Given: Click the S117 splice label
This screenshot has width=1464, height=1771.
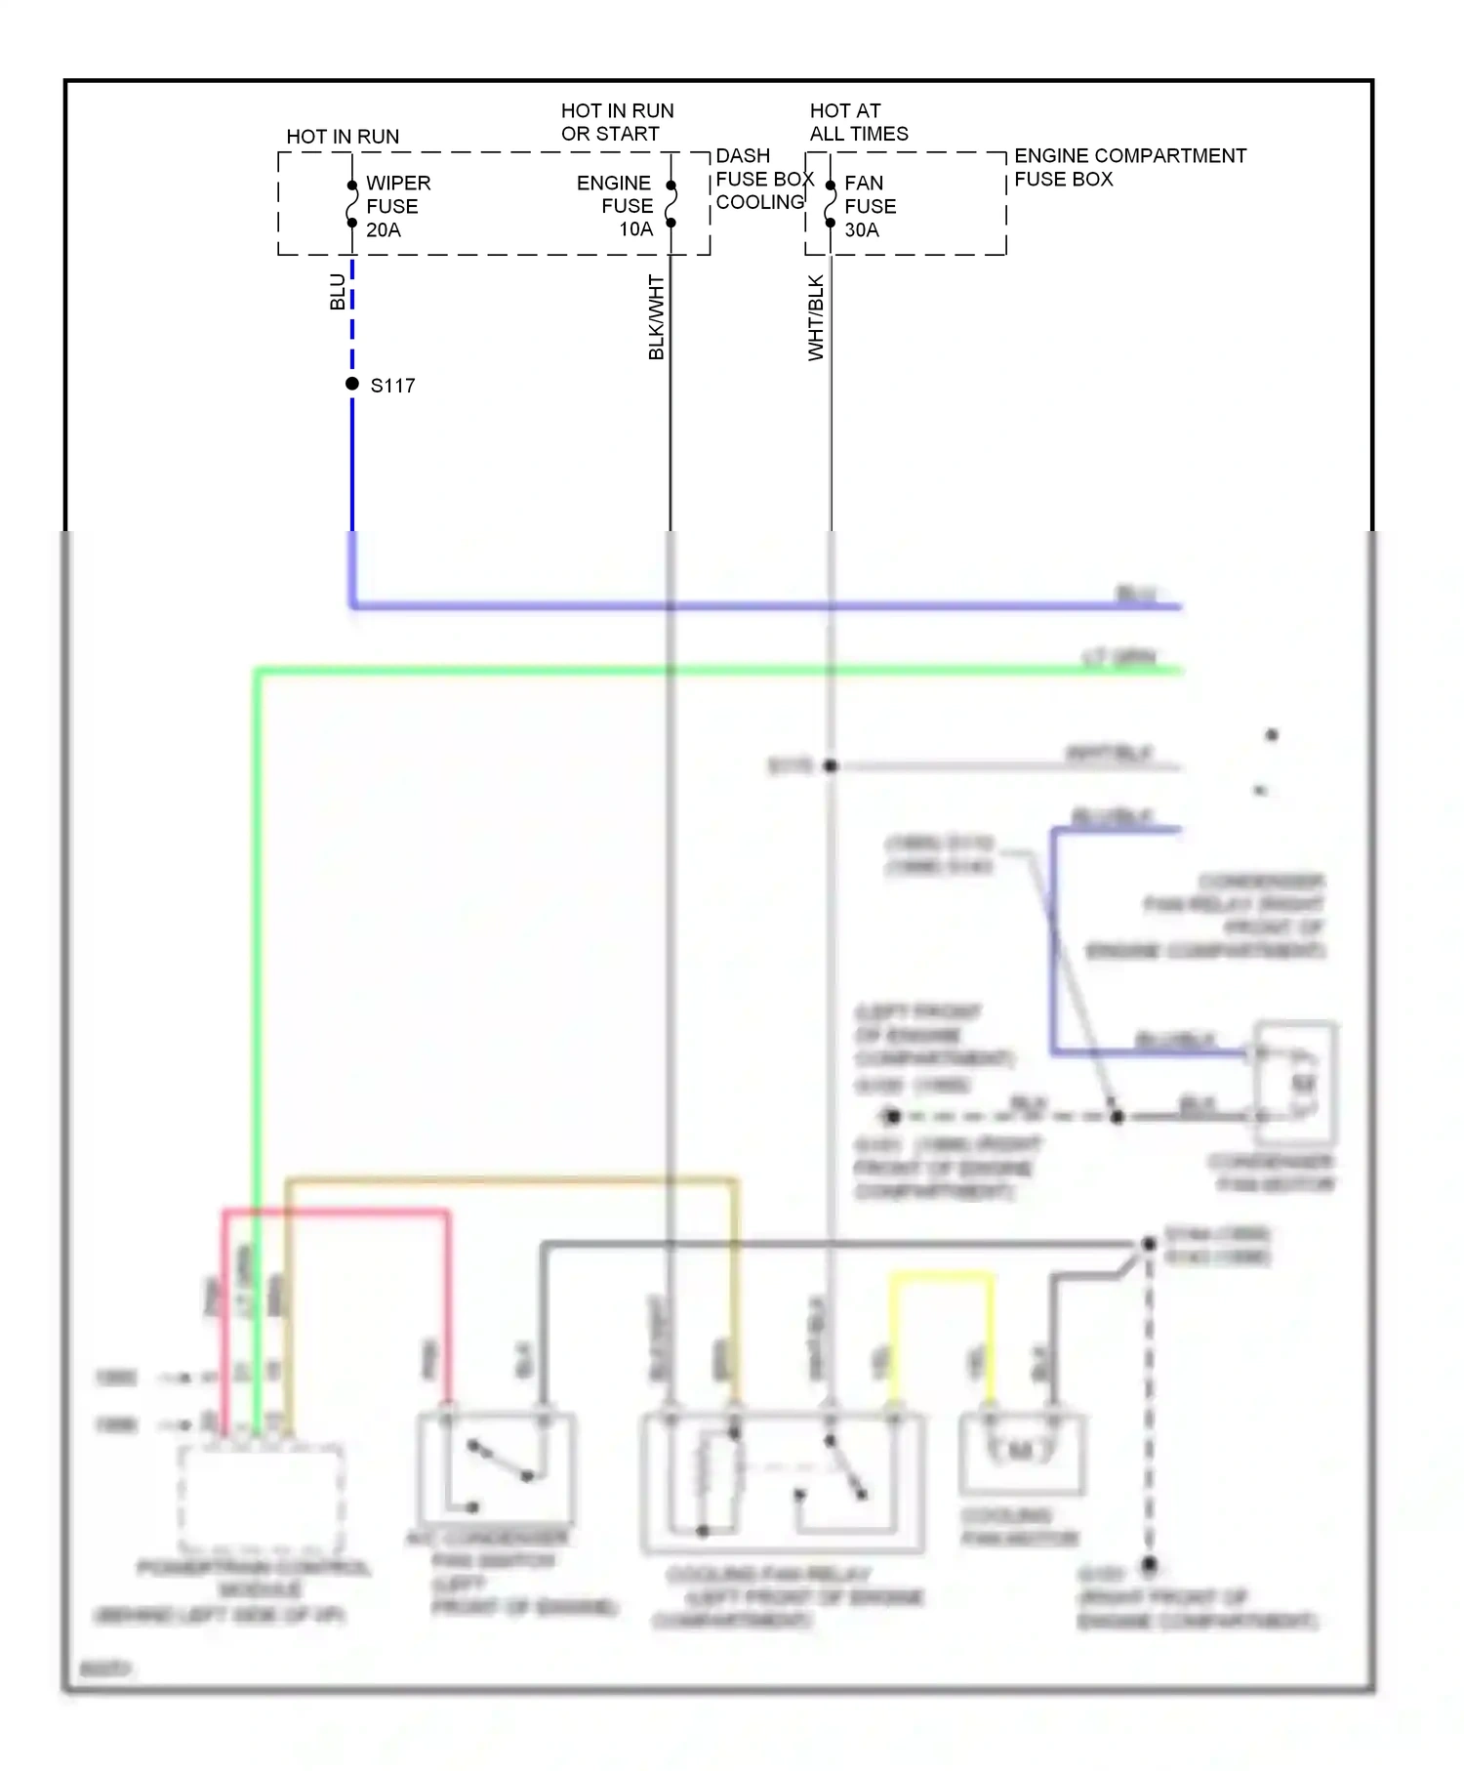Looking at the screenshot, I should coord(392,386).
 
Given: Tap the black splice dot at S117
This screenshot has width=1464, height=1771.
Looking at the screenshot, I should coord(352,384).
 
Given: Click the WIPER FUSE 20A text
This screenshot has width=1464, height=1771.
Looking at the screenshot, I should coord(397,206).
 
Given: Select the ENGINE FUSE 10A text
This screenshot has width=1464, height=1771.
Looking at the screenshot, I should coord(617,206).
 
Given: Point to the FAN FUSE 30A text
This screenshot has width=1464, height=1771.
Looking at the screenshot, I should coord(869,206).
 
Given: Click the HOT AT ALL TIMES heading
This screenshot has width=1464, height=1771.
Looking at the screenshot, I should coord(858,122).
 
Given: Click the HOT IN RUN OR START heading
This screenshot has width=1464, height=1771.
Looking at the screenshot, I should coord(616,122).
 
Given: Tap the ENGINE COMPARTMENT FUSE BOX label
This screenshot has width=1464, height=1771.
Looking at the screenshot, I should coord(1129,167).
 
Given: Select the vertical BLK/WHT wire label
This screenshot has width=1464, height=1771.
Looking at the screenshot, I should coord(656,317).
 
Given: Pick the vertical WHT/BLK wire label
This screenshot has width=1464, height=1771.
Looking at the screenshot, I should coord(816,317).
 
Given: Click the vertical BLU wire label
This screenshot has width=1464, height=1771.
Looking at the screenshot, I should coord(337,292).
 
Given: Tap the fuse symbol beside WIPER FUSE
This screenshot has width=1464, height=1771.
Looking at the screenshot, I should coord(352,204).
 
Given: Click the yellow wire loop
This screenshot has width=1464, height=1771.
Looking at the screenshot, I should coord(941,1277).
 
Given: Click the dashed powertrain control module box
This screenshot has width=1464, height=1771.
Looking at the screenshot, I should coord(261,1499).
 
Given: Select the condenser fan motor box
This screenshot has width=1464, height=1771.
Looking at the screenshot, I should coord(1295,1082).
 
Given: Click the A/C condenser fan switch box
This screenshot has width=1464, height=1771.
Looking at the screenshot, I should coord(496,1469).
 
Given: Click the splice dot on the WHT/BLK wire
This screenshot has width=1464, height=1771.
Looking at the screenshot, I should coord(831,766).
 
